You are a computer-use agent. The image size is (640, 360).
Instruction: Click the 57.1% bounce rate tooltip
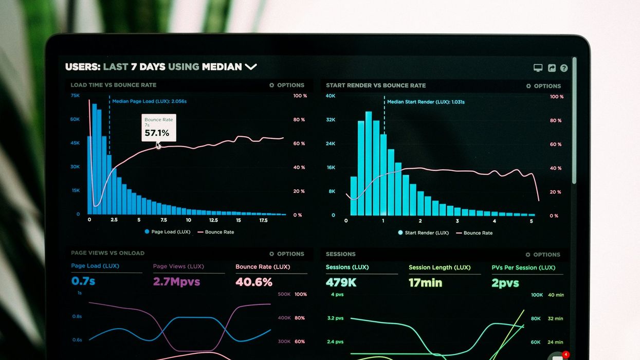158,128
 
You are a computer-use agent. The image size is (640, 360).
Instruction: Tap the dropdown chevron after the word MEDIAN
250,67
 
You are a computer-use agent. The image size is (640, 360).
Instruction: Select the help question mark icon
564,68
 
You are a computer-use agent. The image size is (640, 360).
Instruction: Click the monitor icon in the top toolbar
538,68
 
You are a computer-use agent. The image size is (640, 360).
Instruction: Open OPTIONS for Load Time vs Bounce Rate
287,85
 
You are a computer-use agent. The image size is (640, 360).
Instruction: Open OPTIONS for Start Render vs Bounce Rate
543,86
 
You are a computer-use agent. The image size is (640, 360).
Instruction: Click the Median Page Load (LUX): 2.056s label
149,101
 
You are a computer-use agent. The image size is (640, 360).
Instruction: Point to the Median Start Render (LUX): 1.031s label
425,102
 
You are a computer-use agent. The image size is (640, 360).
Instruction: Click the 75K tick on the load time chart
75,96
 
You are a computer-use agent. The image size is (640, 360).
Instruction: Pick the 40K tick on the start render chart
331,96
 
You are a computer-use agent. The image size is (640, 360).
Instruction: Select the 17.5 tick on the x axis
263,220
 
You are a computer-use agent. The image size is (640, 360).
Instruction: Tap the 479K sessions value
341,282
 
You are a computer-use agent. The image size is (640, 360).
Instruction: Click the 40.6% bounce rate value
253,282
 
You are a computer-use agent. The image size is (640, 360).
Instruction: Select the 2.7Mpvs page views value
176,282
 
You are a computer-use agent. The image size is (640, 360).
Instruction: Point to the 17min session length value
425,282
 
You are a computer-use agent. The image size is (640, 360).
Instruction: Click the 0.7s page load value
83,281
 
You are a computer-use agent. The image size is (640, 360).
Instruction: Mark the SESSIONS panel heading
340,254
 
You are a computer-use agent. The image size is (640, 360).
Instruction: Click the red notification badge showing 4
565,354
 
